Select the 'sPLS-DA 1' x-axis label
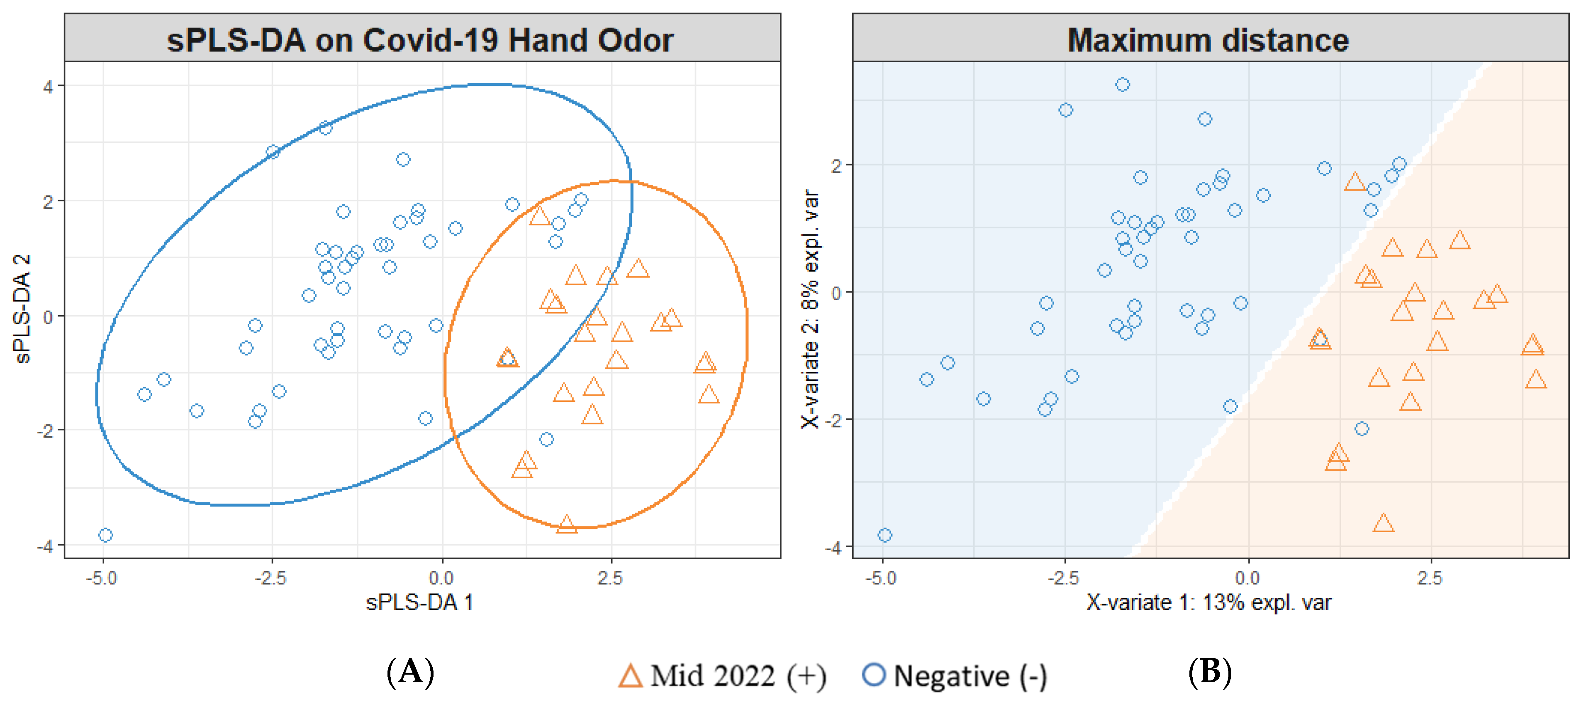click(x=420, y=602)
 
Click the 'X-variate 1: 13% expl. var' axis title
click(x=1208, y=602)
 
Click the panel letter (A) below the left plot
click(x=411, y=672)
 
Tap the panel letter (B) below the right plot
click(x=1210, y=672)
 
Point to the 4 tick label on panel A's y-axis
click(x=48, y=87)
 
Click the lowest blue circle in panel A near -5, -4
click(x=106, y=535)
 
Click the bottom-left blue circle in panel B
click(x=885, y=535)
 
